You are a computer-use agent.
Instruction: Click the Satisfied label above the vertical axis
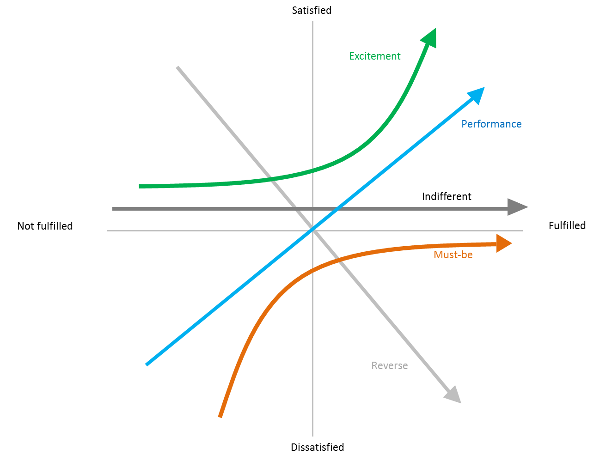click(x=312, y=10)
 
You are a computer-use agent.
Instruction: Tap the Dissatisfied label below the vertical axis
click(x=317, y=447)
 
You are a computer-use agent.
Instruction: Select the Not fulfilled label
click(x=45, y=226)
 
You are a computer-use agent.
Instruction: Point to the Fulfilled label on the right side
click(x=567, y=225)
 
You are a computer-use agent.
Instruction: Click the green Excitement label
click(x=374, y=56)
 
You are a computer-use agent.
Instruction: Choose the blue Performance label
click(x=491, y=124)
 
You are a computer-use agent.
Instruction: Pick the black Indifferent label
click(x=446, y=196)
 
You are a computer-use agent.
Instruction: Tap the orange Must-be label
click(x=453, y=255)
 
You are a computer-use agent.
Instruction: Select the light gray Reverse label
click(x=389, y=366)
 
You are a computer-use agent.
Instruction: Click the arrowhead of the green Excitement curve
click(x=431, y=37)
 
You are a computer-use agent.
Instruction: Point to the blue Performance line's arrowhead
click(x=478, y=93)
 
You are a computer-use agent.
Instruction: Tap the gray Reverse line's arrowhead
click(x=453, y=396)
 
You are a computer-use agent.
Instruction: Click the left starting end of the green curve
click(x=140, y=186)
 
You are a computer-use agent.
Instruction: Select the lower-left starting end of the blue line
click(x=147, y=364)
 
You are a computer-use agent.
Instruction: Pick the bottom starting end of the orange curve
click(x=220, y=416)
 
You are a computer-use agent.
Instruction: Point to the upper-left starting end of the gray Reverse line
click(x=177, y=67)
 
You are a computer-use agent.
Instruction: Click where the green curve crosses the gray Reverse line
click(x=272, y=179)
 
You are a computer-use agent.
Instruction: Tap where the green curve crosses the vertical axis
click(x=312, y=170)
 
